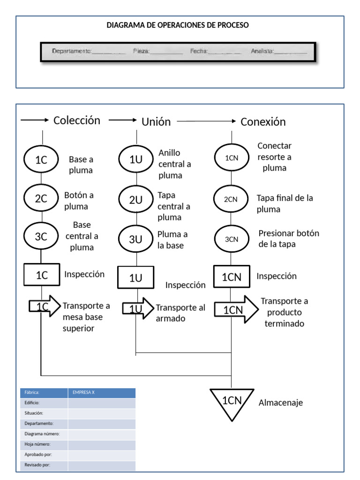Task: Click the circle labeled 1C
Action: [x=41, y=159]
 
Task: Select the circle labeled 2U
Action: [x=136, y=200]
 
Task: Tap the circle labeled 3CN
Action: [x=232, y=239]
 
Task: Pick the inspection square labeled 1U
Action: [x=135, y=277]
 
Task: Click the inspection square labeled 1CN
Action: [x=232, y=277]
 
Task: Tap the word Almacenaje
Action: [x=281, y=403]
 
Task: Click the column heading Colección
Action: [x=77, y=120]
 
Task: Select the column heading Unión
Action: [x=156, y=122]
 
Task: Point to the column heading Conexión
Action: [x=263, y=122]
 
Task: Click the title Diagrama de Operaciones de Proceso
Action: [x=178, y=25]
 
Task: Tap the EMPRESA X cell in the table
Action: [x=102, y=393]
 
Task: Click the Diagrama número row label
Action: [x=42, y=434]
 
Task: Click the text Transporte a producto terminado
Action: [x=285, y=312]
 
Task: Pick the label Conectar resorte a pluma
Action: [x=275, y=157]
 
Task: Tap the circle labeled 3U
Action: [x=136, y=239]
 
